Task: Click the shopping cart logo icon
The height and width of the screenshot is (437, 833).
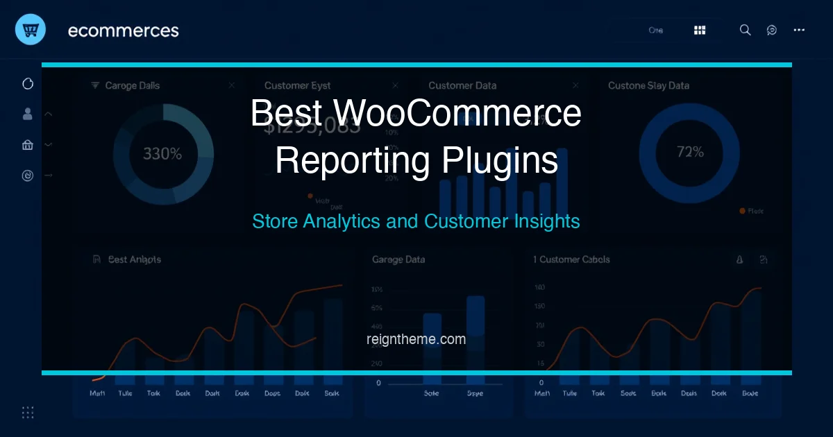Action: click(x=30, y=30)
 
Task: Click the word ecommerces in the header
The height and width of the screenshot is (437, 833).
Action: click(x=123, y=31)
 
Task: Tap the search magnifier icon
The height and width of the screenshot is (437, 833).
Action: click(x=745, y=30)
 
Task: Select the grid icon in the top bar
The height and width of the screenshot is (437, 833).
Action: click(x=700, y=30)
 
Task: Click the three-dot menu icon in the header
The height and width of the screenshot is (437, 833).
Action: click(x=799, y=30)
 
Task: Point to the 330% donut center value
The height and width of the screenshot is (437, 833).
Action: click(x=162, y=153)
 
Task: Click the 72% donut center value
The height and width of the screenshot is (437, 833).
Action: click(x=690, y=152)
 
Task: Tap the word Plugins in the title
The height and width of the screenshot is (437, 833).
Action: click(x=499, y=160)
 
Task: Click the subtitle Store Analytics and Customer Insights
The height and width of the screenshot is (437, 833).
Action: click(x=416, y=221)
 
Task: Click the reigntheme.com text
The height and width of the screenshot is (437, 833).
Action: click(x=416, y=339)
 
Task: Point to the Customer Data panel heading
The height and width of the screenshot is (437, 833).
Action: click(x=462, y=85)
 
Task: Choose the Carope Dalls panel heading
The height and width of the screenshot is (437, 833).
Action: click(x=132, y=85)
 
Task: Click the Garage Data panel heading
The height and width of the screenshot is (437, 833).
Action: click(x=398, y=259)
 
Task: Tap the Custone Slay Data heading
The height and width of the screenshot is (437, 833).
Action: click(x=648, y=85)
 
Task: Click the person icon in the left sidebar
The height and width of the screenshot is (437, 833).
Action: click(x=28, y=114)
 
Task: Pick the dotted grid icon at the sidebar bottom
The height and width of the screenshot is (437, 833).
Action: click(x=28, y=412)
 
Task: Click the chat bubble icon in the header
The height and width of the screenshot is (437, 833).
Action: click(x=772, y=30)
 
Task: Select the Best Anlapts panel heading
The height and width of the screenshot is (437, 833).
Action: click(x=135, y=259)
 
